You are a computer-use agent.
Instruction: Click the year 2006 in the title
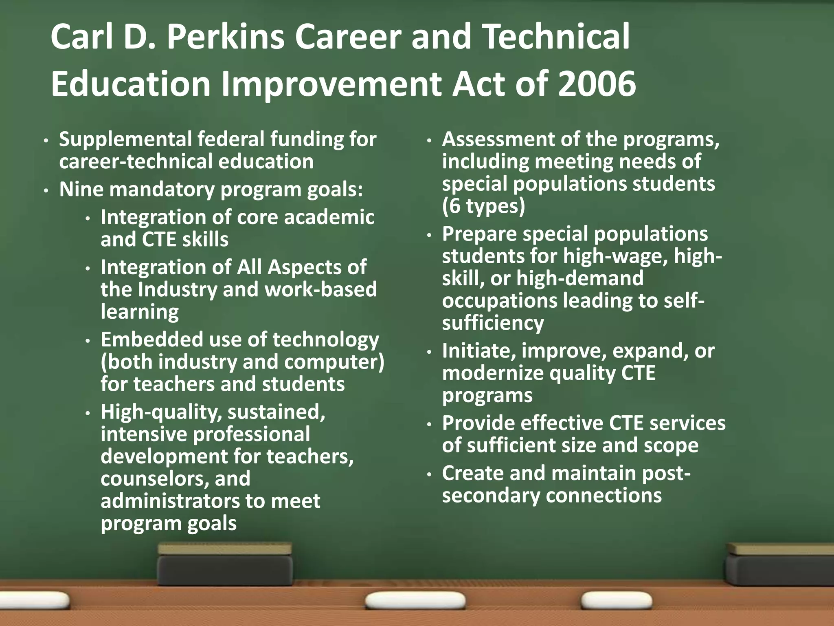(x=596, y=84)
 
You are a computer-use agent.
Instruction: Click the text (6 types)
(x=483, y=206)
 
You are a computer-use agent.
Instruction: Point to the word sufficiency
(x=493, y=323)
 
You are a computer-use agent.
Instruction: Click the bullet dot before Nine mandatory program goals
(x=47, y=191)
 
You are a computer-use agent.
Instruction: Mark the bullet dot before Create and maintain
(x=429, y=474)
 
